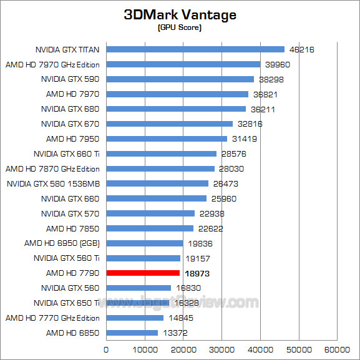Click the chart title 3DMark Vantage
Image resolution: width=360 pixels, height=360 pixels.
point(180,14)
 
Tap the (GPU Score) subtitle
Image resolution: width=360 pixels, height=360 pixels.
point(180,28)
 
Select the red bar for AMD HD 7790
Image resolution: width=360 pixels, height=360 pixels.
point(143,273)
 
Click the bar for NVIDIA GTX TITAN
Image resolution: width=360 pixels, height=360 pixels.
point(195,49)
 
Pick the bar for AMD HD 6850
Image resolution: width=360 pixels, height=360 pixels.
point(132,333)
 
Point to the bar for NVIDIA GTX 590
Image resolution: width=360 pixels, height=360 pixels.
point(180,79)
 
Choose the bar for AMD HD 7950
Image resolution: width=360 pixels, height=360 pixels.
point(167,139)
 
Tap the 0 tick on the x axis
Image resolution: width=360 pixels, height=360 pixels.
point(107,349)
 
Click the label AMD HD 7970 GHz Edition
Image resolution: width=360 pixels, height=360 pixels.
point(52,64)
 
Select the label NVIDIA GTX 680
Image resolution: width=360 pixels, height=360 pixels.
point(71,109)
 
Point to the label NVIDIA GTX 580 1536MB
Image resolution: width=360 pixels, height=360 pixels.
point(53,183)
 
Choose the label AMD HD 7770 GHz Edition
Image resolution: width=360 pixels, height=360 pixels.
point(52,318)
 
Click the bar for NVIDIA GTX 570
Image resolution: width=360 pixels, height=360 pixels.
point(150,213)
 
